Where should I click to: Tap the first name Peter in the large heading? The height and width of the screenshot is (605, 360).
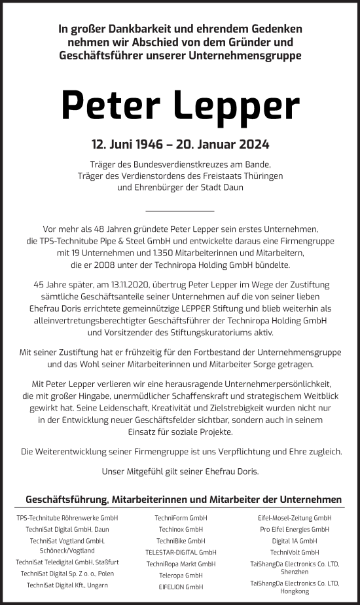[x=105, y=105]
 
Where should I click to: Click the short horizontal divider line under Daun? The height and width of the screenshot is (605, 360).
[x=179, y=211]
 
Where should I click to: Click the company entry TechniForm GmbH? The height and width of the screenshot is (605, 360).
[x=180, y=518]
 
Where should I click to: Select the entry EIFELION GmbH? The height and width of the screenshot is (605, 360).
[x=180, y=586]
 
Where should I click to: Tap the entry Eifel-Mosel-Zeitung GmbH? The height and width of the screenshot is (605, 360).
[x=295, y=518]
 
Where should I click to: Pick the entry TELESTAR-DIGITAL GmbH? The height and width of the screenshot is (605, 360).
[x=180, y=552]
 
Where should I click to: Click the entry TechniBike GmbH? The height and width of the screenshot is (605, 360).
[x=180, y=541]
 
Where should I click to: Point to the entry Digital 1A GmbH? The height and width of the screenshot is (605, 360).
[x=295, y=541]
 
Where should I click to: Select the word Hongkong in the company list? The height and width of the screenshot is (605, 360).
[x=295, y=591]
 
